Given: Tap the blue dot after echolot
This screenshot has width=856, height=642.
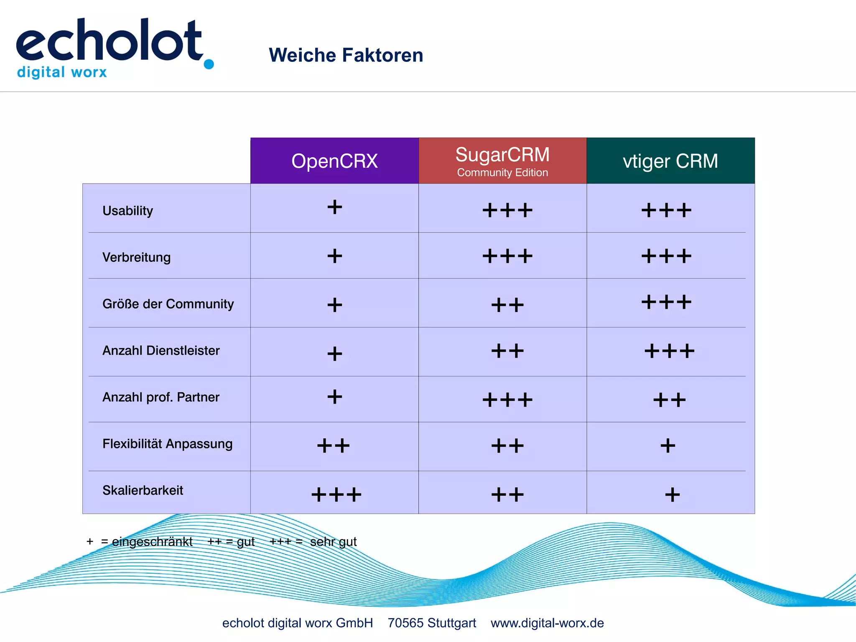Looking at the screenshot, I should [x=209, y=64].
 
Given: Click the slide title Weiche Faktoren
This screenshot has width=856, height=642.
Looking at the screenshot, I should [x=346, y=55].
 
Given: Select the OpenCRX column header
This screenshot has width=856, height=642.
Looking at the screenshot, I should [x=334, y=161].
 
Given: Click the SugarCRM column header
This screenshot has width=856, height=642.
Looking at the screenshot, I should [x=502, y=154].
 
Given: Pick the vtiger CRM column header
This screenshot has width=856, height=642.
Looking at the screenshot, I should [x=670, y=161].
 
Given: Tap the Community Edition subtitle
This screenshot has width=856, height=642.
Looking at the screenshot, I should [x=502, y=173].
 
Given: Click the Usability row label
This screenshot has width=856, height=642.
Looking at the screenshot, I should [x=127, y=210].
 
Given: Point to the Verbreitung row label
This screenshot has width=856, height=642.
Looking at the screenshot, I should [x=136, y=257].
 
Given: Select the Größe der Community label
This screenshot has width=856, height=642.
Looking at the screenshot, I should [x=168, y=304].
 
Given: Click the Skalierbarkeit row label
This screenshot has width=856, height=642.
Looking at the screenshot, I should [x=143, y=490].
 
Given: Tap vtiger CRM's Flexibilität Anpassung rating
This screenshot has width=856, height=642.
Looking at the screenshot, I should [x=667, y=445].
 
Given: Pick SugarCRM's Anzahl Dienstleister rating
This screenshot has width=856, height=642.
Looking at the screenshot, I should [x=507, y=350].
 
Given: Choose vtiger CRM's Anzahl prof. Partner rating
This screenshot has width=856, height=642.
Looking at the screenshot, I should [x=669, y=400].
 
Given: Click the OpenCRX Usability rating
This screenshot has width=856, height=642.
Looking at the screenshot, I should [x=334, y=207].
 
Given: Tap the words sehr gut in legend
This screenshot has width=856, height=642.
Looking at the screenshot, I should [x=333, y=542].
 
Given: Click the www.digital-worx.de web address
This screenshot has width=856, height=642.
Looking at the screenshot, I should [x=547, y=623].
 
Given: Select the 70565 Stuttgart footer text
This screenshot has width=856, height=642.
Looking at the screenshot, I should [x=432, y=623].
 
